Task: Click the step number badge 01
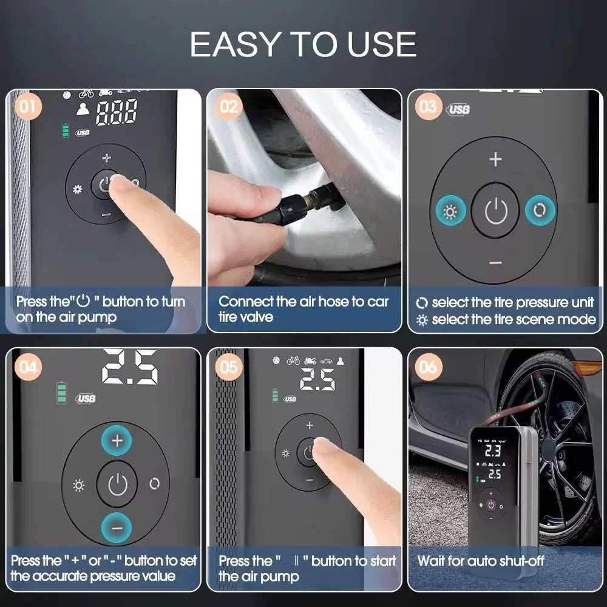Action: point(27,107)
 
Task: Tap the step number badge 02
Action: point(229,107)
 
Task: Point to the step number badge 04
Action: point(27,367)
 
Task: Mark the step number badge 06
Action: point(428,367)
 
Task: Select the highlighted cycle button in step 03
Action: point(540,211)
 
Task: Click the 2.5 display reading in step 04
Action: point(129,367)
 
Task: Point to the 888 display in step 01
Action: point(117,113)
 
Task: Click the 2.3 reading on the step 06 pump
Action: point(492,450)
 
